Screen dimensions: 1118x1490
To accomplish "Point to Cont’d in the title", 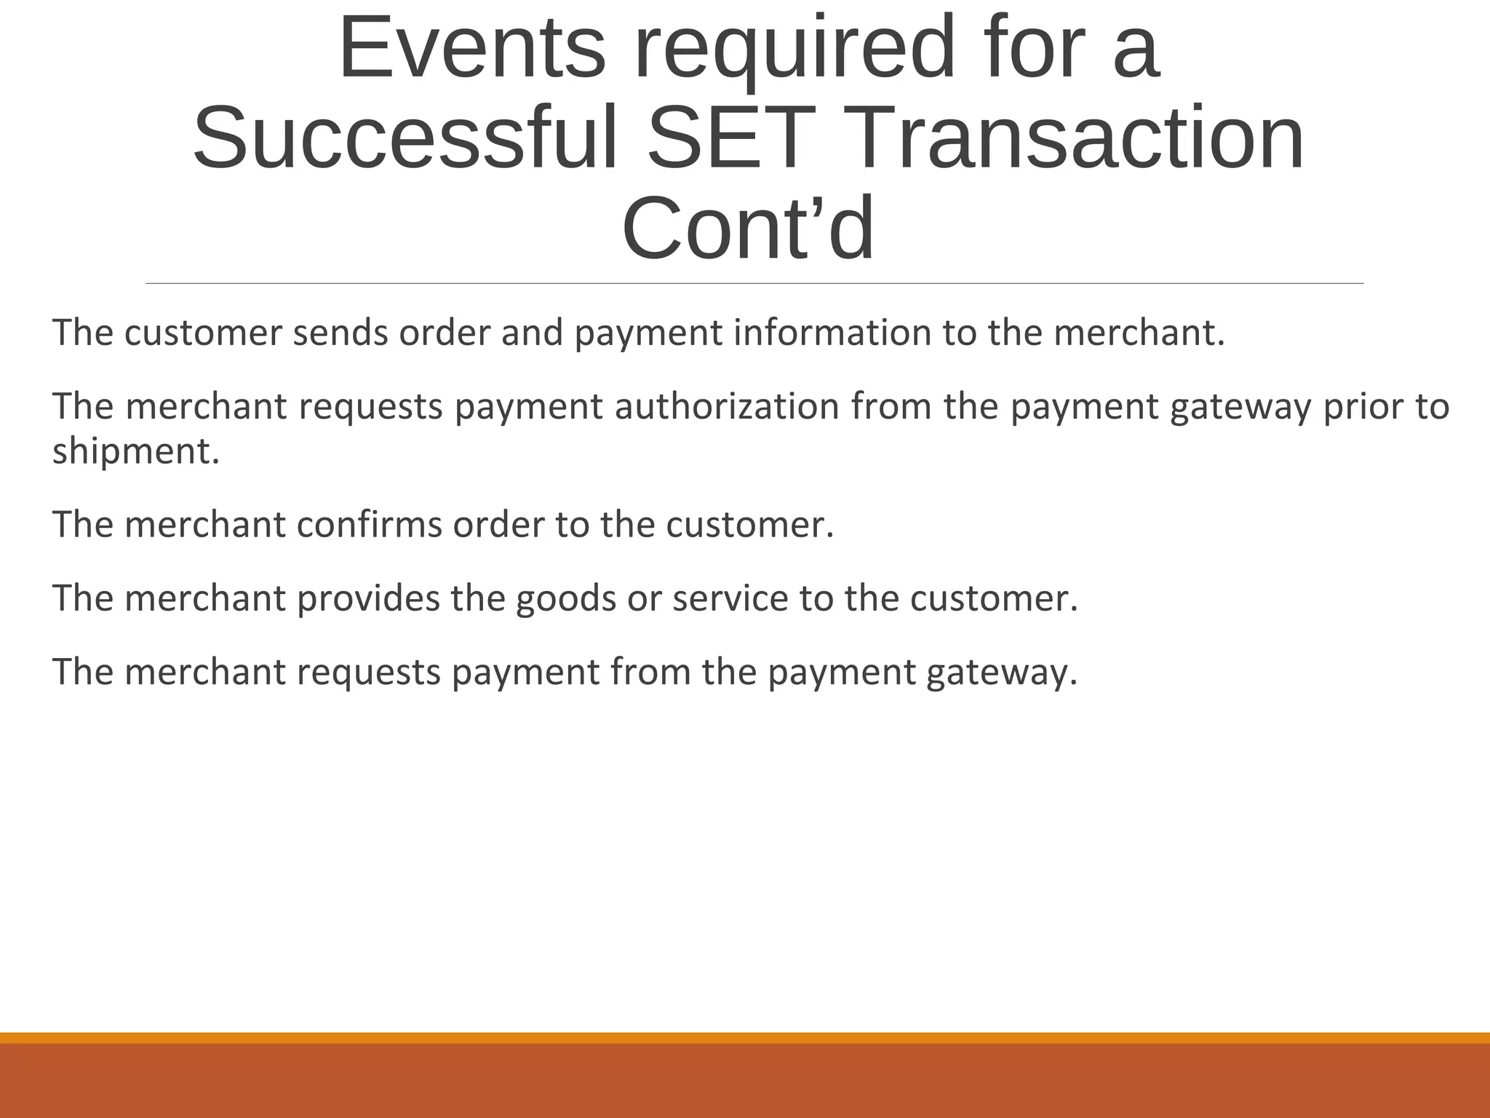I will [x=748, y=229].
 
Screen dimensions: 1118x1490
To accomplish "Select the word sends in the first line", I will [x=340, y=333].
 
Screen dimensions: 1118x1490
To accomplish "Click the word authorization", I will [x=727, y=406].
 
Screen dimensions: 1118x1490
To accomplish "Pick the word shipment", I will [x=135, y=451].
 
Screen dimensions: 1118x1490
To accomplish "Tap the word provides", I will [x=368, y=598].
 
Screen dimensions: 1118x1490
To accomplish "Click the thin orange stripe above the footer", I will [x=745, y=1038].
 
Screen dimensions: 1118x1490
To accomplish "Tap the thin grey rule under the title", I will [x=754, y=283].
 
